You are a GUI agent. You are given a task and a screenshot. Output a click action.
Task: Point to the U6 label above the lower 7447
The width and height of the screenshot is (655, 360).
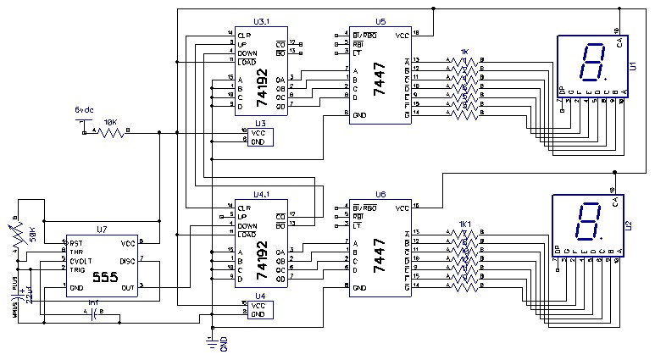(x=380, y=194)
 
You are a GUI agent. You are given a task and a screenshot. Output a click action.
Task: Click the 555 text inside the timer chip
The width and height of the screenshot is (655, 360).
(x=105, y=276)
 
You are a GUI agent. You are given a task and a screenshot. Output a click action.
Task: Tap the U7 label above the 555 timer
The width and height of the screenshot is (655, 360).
(x=102, y=230)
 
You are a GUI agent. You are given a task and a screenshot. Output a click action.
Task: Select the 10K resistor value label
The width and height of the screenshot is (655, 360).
(x=109, y=122)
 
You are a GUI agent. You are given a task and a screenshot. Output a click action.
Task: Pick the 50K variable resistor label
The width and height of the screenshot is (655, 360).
(x=32, y=230)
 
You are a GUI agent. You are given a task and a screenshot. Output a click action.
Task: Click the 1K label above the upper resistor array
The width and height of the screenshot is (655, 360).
(x=463, y=51)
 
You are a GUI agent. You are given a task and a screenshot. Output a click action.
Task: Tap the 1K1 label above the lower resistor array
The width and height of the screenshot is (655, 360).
(x=464, y=224)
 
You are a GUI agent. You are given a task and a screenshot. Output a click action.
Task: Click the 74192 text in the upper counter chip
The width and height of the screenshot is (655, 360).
(x=262, y=86)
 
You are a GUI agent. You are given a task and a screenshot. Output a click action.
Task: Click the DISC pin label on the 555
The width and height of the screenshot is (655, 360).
(x=127, y=261)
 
